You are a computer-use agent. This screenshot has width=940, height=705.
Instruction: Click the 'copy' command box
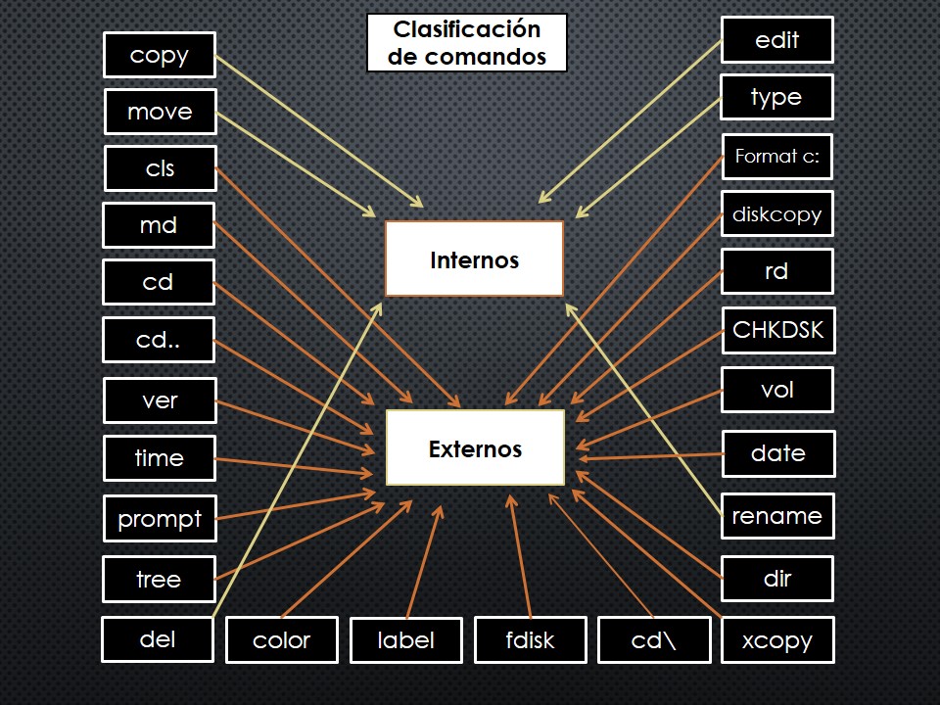tap(160, 56)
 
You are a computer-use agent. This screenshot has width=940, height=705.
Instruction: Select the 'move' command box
tap(160, 112)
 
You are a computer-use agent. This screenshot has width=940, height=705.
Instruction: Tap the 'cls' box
tap(160, 168)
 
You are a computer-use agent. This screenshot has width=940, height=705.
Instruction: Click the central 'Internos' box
tap(474, 259)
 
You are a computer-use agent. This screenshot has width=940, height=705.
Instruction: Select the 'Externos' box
tap(475, 448)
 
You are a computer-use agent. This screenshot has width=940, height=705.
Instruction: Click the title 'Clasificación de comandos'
tap(467, 43)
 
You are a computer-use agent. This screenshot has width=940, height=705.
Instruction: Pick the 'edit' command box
tap(777, 40)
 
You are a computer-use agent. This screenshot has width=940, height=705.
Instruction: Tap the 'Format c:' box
tap(777, 156)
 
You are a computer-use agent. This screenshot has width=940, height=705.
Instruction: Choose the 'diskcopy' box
tap(777, 213)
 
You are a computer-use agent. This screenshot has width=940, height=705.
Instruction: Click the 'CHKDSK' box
tap(777, 330)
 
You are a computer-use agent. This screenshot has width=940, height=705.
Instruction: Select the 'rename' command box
tap(777, 515)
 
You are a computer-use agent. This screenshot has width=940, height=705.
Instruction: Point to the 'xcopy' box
tap(777, 640)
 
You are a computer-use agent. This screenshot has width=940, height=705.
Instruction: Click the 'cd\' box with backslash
tap(654, 640)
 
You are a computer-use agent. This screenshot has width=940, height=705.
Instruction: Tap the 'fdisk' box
tap(531, 640)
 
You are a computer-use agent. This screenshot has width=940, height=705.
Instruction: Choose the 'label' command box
tap(406, 640)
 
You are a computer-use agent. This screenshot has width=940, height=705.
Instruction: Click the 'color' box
tap(282, 640)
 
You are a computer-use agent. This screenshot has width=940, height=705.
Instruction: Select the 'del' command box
tap(158, 638)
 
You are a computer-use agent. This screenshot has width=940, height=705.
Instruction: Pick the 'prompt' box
tap(160, 518)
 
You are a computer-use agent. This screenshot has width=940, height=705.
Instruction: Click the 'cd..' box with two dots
tap(158, 341)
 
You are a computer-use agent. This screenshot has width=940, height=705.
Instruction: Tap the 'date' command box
tap(777, 453)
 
